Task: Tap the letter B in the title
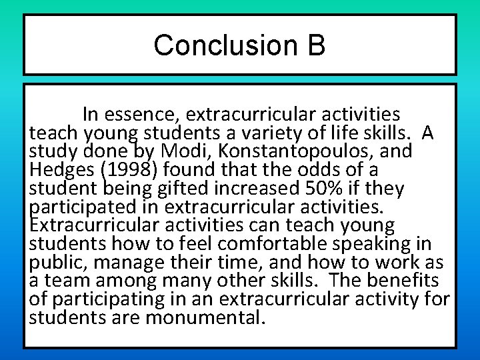click(x=317, y=45)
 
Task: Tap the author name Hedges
click(x=61, y=170)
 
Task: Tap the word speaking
click(x=359, y=244)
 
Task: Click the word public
click(x=57, y=263)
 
